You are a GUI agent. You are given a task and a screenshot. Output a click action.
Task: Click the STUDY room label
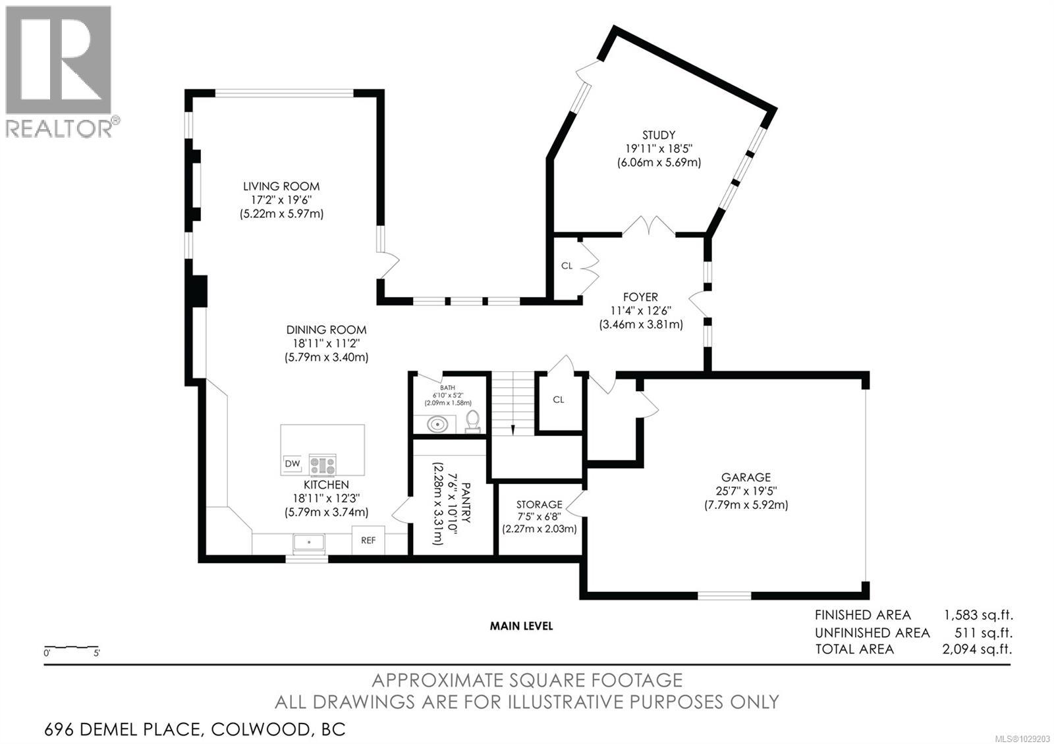coord(659,136)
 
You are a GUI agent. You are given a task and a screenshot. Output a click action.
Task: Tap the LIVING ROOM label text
coord(281,187)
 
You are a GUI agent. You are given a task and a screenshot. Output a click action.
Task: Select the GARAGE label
coord(746,477)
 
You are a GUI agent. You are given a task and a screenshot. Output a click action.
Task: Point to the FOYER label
coord(640,297)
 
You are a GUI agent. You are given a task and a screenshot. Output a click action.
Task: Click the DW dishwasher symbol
coord(292,464)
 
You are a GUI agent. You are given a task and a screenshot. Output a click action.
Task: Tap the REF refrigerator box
coord(368,540)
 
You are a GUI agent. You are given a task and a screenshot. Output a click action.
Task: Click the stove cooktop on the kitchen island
coord(322,465)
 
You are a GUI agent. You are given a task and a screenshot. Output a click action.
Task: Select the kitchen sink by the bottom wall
coord(309,543)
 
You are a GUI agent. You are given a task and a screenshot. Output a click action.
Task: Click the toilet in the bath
coord(472,421)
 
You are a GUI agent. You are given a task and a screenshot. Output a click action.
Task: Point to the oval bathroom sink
coord(437,425)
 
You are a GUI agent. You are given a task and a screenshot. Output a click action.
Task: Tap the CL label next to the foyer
coord(567,266)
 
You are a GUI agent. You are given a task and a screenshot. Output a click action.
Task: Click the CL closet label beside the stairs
coord(559,400)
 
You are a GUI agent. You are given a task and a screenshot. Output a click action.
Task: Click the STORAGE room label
coord(540,504)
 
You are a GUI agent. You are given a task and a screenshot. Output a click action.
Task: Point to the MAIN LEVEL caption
coord(521,626)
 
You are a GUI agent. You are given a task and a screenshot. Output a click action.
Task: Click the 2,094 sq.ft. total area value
coord(978,649)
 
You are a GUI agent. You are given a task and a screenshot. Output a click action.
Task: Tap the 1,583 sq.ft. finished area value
coord(979,615)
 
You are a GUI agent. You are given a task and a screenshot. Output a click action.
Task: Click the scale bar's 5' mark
coord(96,652)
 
